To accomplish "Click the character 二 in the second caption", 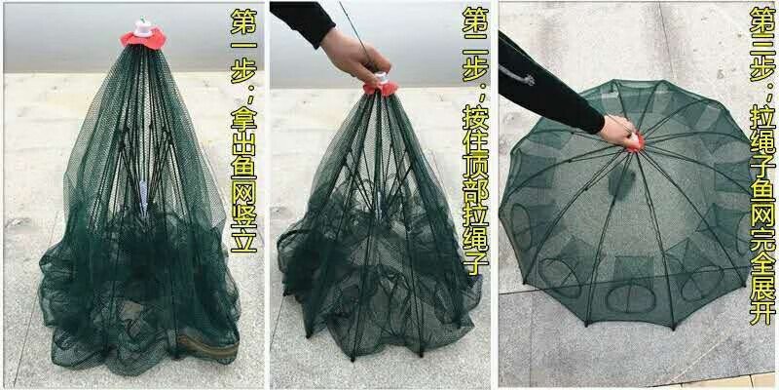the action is pyautogui.click(x=475, y=44).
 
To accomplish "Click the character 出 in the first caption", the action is pyautogui.click(x=243, y=141).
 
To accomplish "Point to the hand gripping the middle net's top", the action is pyautogui.click(x=354, y=54).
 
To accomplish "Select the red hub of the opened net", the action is pyautogui.click(x=636, y=142).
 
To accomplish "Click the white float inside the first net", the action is pyautogui.click(x=143, y=197).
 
